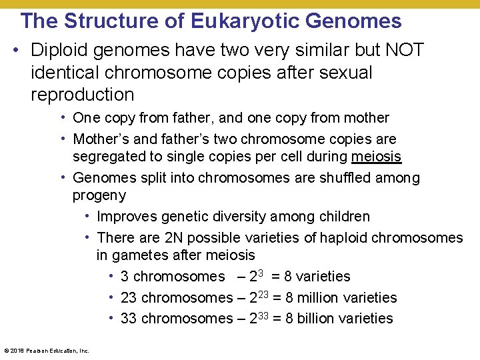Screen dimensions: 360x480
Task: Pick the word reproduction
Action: (83, 94)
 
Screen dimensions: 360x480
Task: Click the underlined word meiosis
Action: (377, 157)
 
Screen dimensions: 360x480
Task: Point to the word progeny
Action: (99, 196)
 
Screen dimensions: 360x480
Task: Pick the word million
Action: (317, 297)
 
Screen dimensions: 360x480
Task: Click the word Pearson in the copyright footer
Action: (33, 350)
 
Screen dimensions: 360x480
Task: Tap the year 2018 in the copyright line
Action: (15, 350)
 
